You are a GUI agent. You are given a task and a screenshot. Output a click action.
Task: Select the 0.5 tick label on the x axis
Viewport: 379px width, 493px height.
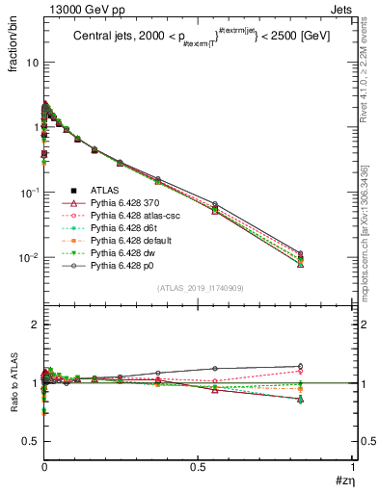(198, 471)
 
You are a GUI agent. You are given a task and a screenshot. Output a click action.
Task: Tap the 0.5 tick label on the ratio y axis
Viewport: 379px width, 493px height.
(30, 441)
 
